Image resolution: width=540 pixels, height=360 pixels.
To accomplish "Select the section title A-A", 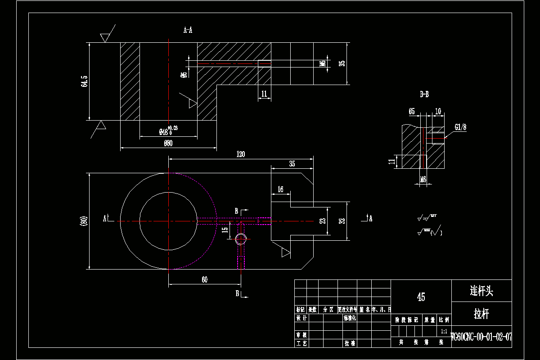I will tap(188, 30).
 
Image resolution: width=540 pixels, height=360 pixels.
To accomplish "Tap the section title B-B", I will tap(424, 94).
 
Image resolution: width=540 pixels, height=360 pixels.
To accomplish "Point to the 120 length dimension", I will tap(241, 154).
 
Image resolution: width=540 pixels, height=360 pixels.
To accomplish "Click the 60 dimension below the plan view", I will tap(204, 280).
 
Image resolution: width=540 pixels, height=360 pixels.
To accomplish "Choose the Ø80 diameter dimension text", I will tap(168, 144).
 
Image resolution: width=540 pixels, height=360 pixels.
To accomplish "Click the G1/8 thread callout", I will tap(460, 127).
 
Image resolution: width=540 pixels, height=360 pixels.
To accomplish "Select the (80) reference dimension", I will tap(83, 221).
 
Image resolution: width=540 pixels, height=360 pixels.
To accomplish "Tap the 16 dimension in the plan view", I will tap(280, 190).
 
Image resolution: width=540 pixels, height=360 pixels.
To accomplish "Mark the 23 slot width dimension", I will tap(322, 221).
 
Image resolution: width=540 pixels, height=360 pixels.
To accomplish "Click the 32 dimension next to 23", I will tap(342, 221).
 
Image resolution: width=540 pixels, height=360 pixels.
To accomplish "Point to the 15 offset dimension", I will tap(225, 229).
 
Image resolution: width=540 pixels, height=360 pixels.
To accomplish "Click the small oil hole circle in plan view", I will tap(241, 239).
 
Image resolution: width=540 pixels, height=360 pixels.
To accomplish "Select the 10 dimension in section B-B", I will tap(438, 111).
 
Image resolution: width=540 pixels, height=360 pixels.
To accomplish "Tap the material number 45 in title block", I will tap(421, 297).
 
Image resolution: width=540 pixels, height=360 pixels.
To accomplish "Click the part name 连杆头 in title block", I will tap(481, 291).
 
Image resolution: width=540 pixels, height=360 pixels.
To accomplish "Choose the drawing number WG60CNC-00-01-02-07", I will tap(481, 337).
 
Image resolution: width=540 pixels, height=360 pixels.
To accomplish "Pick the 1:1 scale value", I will tap(444, 331).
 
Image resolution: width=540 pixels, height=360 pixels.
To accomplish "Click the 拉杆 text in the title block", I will tap(481, 314).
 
